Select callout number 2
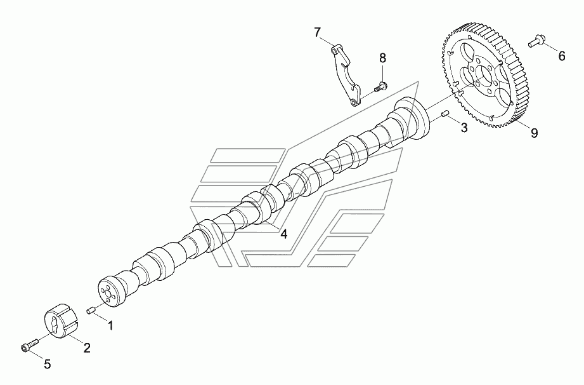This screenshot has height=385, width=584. click(87, 348)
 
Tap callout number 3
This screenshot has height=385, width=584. click(464, 128)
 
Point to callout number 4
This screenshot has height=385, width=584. click(284, 234)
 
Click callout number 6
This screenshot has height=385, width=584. click(561, 57)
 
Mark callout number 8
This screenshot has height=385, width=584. click(382, 58)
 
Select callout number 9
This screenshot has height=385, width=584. click(534, 133)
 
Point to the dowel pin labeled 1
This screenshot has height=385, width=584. click(91, 310)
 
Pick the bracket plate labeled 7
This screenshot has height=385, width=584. click(346, 75)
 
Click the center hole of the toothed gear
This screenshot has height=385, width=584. click(485, 80)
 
